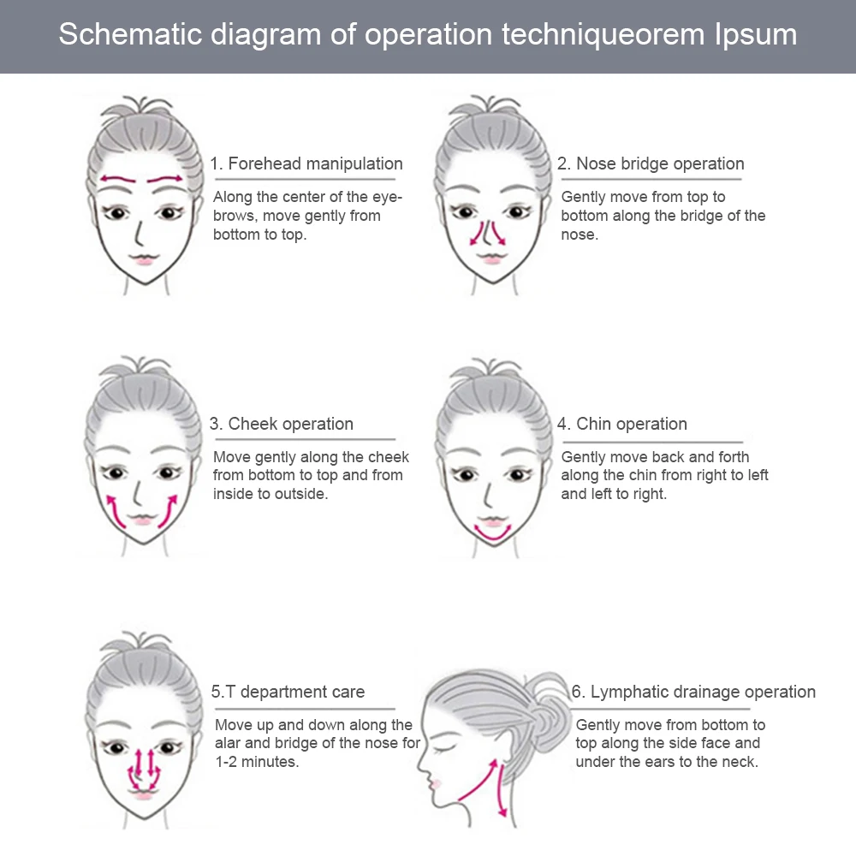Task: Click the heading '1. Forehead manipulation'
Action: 306,163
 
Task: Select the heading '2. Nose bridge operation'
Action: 651,163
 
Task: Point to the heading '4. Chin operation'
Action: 622,424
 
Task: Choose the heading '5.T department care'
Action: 288,692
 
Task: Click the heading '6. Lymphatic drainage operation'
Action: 693,692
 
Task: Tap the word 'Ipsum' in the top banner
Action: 756,35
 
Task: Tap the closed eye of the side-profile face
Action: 443,747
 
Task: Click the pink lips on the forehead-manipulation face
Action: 143,259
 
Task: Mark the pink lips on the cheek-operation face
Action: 143,520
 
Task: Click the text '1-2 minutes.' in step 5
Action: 257,762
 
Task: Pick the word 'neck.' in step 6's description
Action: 738,762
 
